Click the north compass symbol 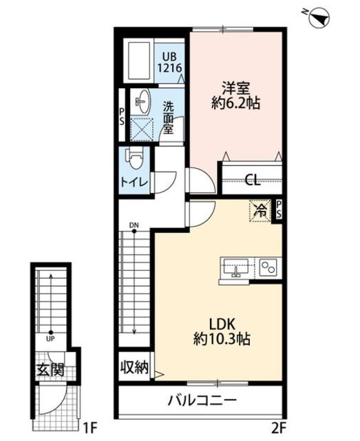(x=319, y=18)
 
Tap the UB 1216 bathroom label (x=169, y=63)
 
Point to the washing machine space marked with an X (x=142, y=130)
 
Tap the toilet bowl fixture (x=136, y=158)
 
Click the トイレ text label (x=134, y=183)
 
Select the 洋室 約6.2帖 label (x=235, y=95)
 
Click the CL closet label (x=253, y=180)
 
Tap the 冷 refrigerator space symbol (x=260, y=211)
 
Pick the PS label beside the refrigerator (x=278, y=209)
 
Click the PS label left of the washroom (x=122, y=116)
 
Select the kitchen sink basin (x=236, y=267)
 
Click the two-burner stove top (x=268, y=267)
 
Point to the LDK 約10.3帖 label (x=222, y=331)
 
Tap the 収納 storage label (x=134, y=367)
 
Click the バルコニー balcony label (x=202, y=400)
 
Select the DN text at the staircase (x=134, y=225)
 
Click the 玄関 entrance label (x=50, y=369)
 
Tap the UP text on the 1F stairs (x=50, y=339)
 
